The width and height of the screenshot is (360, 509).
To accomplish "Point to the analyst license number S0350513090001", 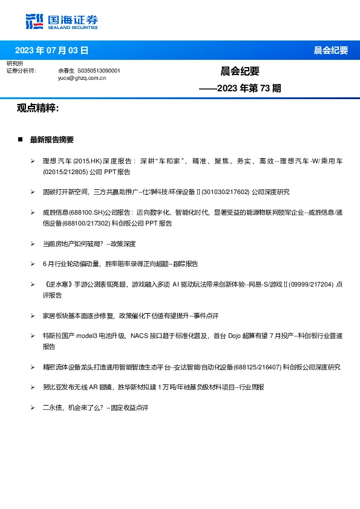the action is [99, 71].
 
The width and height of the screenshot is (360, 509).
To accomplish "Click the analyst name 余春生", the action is [66, 71].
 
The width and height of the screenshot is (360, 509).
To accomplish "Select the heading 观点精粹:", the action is [38, 108].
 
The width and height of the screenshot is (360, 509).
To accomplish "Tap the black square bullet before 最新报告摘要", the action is [20, 139].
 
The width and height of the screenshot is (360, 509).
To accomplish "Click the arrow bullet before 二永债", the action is [33, 408].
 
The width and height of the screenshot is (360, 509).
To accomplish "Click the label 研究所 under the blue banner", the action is [15, 63].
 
